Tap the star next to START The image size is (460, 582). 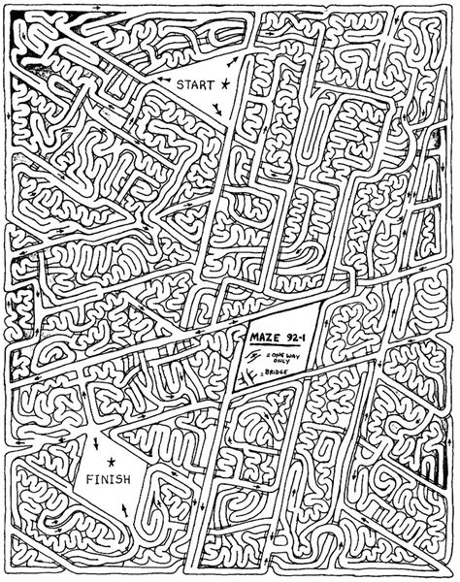[227, 84]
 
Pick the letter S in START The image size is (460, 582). [180, 85]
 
